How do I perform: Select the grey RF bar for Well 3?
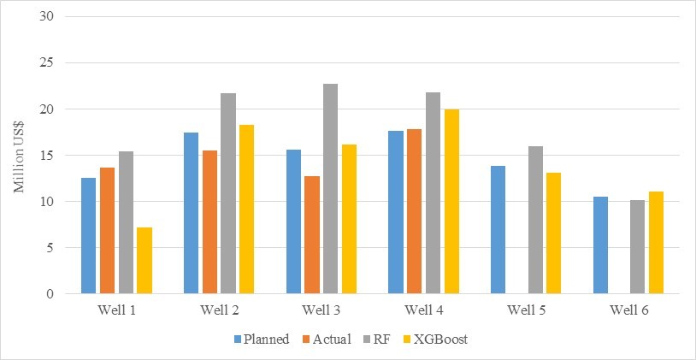(x=330, y=189)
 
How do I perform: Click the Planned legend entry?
(x=262, y=339)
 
